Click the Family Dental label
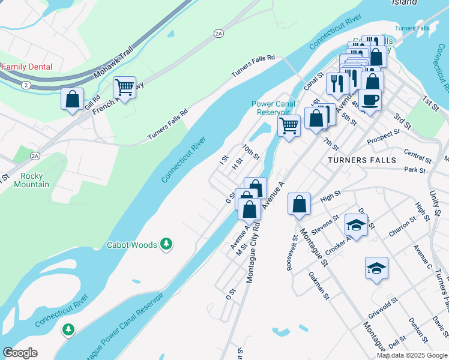(28, 67)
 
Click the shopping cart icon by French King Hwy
(124, 88)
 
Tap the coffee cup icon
(369, 100)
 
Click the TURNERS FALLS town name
(362, 161)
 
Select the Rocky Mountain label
(35, 180)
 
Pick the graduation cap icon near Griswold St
(376, 268)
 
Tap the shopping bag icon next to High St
(299, 204)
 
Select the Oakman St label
(319, 284)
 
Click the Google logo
(20, 353)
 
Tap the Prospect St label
(384, 136)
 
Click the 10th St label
(251, 152)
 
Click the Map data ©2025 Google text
(412, 355)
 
